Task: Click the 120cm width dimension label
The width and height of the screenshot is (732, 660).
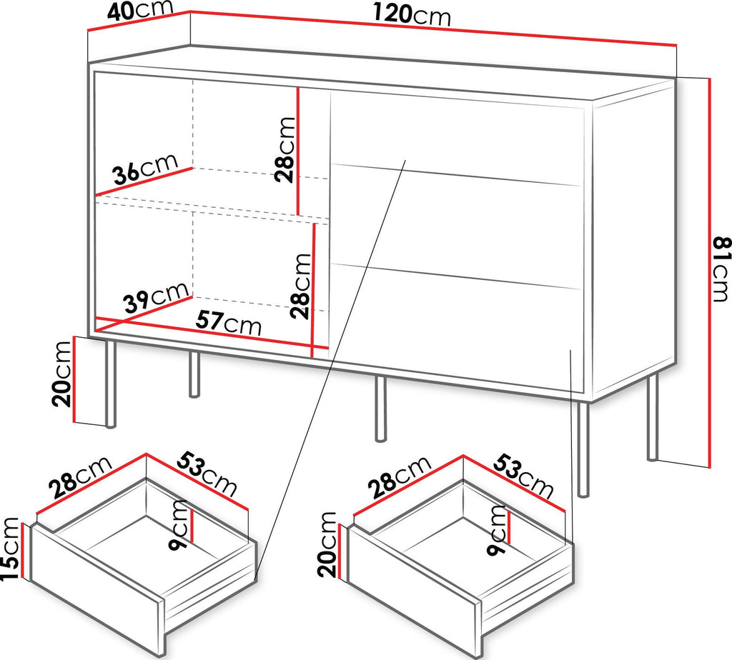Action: pos(412,15)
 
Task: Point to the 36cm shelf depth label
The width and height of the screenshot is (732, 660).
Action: pos(146,169)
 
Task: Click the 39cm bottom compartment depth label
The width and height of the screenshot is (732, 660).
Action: pos(157,297)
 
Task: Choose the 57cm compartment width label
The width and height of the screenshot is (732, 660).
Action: pos(228,321)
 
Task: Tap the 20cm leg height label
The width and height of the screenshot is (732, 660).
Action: pos(62,374)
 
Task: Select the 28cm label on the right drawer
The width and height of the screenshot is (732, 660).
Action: pos(399,476)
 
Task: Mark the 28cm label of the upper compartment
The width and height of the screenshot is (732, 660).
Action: pos(285,149)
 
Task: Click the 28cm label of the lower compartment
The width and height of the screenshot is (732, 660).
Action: pos(300,286)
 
